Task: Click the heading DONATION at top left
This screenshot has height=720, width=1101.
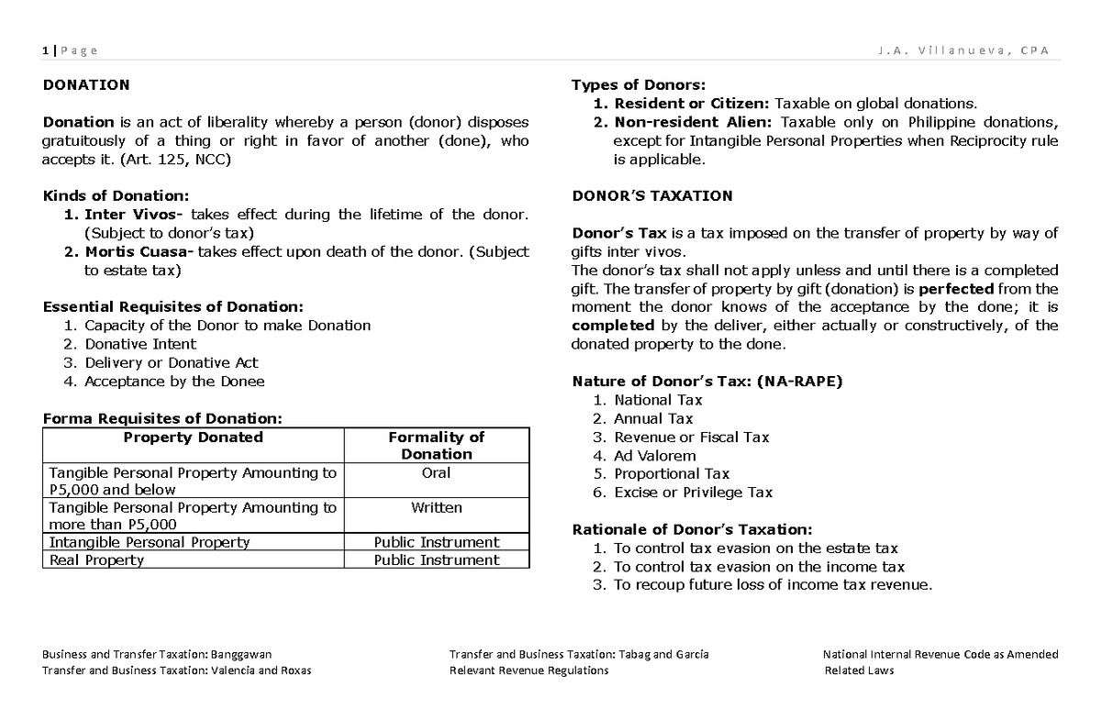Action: [x=86, y=85]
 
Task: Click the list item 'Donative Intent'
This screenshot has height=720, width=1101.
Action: [x=140, y=344]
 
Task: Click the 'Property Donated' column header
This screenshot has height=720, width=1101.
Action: [x=193, y=438]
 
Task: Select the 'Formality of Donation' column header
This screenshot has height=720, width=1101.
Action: [x=437, y=445]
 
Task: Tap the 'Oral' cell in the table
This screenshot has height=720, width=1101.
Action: [x=437, y=472]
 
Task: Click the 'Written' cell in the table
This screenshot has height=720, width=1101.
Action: [x=437, y=507]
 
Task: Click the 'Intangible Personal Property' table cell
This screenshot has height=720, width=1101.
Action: [x=149, y=542]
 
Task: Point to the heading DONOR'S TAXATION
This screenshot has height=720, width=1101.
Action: [x=652, y=195]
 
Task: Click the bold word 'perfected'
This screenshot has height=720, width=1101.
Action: [x=957, y=288]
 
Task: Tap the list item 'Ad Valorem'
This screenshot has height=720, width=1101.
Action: [x=654, y=456]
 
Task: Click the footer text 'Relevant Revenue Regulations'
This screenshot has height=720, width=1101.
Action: [x=528, y=670]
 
